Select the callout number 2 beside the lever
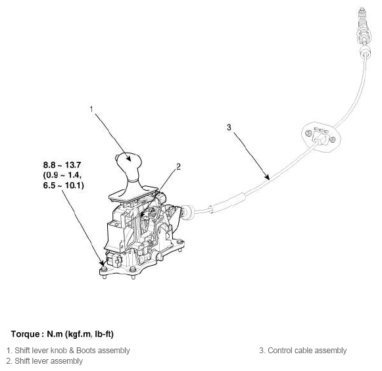[x=178, y=168]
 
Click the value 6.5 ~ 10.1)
[x=64, y=187]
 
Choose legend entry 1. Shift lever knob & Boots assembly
[x=68, y=350]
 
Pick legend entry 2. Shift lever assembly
[x=45, y=360]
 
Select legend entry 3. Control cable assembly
[x=302, y=350]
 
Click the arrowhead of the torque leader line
[x=103, y=263]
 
